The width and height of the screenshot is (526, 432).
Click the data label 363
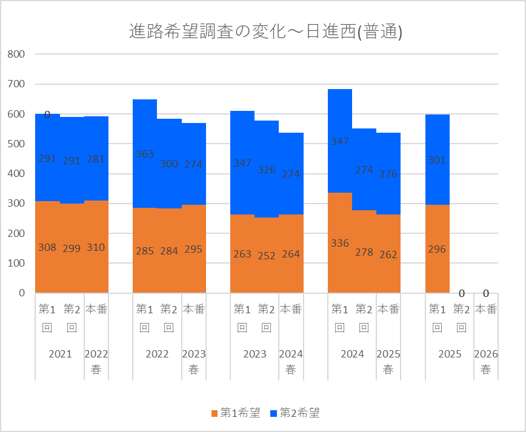(x=145, y=154)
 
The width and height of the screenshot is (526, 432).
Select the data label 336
(x=340, y=243)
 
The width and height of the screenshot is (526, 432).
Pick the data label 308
(x=47, y=247)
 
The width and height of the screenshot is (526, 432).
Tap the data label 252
(x=267, y=255)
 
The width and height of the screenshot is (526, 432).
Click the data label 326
(x=267, y=170)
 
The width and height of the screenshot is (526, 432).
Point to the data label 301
(x=437, y=161)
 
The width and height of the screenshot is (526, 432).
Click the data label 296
(x=437, y=249)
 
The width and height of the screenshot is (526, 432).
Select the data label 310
(x=96, y=247)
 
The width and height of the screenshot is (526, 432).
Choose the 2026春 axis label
(x=485, y=362)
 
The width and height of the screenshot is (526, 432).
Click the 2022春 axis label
(x=96, y=362)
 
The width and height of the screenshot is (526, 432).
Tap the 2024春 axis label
(x=291, y=362)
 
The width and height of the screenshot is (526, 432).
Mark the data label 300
(x=169, y=164)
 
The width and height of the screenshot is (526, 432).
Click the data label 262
(x=388, y=254)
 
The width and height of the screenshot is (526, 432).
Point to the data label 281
(x=96, y=159)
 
